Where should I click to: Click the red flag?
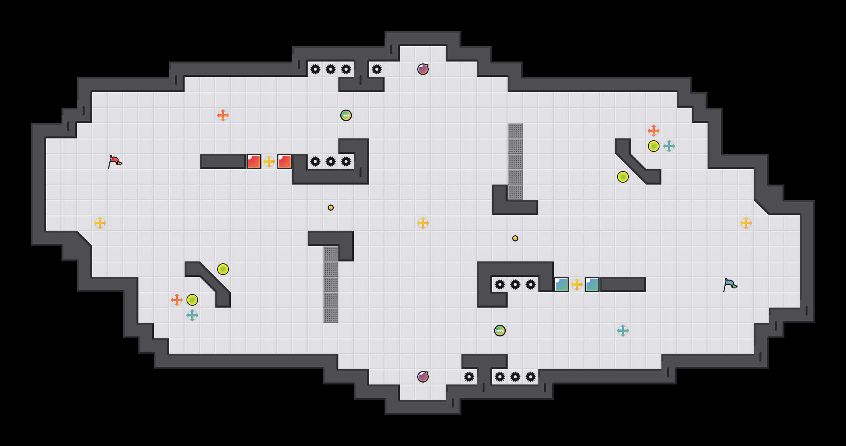(x=115, y=162)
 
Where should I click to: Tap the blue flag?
(x=730, y=285)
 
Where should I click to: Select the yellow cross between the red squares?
(x=269, y=161)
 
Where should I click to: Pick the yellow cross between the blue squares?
(x=577, y=285)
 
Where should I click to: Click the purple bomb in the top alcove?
(x=423, y=69)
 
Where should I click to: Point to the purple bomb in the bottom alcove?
(x=423, y=377)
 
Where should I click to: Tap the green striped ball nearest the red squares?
(x=346, y=115)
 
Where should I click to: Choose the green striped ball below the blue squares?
(x=500, y=331)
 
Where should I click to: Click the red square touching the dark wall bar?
(x=254, y=161)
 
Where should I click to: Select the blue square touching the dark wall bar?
(x=592, y=285)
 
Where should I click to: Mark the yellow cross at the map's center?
(x=423, y=223)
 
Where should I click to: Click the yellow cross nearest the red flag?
(x=100, y=223)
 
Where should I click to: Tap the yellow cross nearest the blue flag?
(x=746, y=223)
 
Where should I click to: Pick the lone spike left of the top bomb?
(x=377, y=69)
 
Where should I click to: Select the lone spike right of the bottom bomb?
(x=469, y=377)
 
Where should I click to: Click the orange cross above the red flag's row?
(x=223, y=115)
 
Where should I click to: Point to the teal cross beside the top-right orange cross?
(x=669, y=146)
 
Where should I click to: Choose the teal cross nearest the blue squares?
(x=623, y=331)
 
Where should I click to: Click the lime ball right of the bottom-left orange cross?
(x=192, y=300)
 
